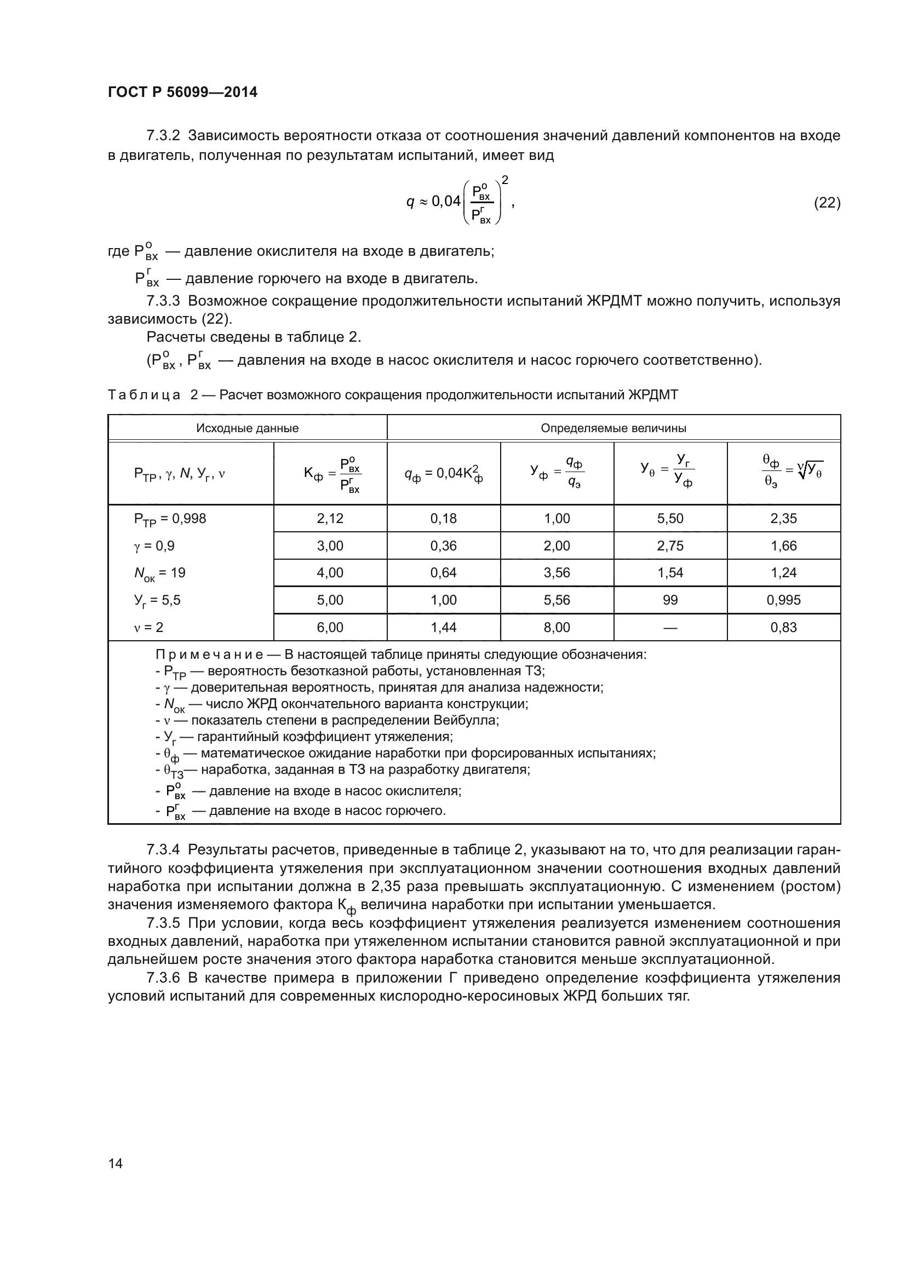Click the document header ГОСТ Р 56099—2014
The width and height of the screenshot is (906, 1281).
(x=182, y=92)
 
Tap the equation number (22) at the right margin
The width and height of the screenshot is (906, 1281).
(x=827, y=203)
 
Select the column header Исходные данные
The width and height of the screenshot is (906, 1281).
(x=247, y=428)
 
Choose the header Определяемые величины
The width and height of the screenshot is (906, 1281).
(x=613, y=428)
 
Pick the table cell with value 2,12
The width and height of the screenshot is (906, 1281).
(x=330, y=518)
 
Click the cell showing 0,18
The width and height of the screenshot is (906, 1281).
(x=444, y=518)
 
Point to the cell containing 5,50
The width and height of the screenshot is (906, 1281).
(x=670, y=518)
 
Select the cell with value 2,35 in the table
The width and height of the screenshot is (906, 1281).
(x=783, y=518)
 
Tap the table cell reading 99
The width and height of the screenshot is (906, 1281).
(x=670, y=600)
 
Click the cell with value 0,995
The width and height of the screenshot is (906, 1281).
(x=783, y=600)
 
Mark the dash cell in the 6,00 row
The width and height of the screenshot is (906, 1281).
(x=670, y=627)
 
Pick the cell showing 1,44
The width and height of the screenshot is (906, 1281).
(x=444, y=627)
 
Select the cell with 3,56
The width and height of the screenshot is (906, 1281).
(x=557, y=572)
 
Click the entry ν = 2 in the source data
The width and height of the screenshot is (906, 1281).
(x=148, y=627)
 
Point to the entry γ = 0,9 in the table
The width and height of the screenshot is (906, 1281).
(x=154, y=545)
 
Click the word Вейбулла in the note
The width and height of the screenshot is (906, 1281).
(x=473, y=720)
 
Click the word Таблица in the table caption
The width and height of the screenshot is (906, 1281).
(x=144, y=395)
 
